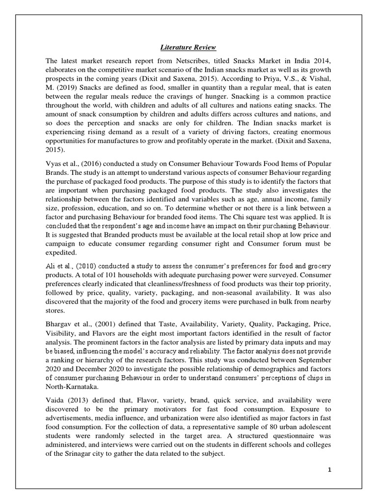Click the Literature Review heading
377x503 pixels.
click(x=188, y=48)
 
